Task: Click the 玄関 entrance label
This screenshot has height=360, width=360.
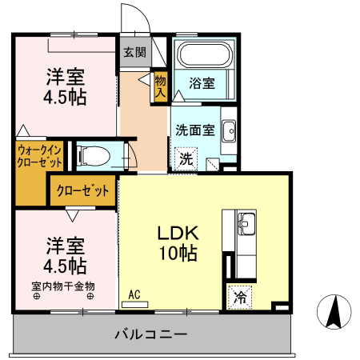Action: [134, 53]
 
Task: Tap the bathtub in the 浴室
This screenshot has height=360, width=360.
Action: [203, 55]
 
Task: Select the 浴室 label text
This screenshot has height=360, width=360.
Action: [202, 82]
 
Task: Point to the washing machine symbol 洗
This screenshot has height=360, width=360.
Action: [186, 158]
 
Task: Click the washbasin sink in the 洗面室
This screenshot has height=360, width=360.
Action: [228, 130]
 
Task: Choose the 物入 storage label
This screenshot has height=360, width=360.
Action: [160, 86]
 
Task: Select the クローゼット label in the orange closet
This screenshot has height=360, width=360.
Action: [82, 191]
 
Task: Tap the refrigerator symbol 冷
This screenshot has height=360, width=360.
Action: [239, 297]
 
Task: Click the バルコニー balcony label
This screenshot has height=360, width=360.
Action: [150, 333]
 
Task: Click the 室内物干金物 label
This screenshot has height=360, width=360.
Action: [63, 286]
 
